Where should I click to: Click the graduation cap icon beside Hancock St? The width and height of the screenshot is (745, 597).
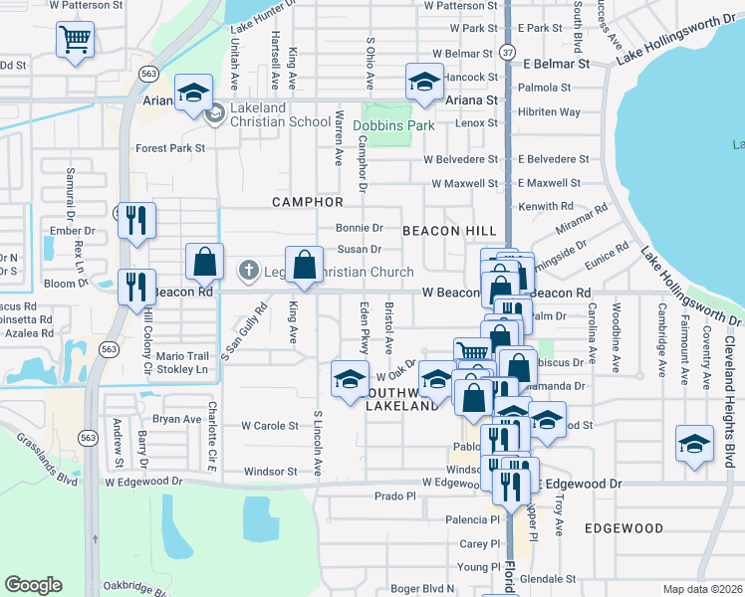pos(424,85)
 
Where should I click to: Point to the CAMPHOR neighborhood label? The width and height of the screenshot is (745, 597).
pos(308,202)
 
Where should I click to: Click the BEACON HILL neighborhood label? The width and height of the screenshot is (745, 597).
pos(449,230)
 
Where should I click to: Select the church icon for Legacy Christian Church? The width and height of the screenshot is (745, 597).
pos(249,270)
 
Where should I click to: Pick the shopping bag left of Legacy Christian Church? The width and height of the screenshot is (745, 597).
pos(204,263)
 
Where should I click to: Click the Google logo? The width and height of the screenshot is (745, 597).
pos(34,585)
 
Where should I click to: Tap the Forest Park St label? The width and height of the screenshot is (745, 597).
pos(170,148)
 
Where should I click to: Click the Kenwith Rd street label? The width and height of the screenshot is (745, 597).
pos(550,206)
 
